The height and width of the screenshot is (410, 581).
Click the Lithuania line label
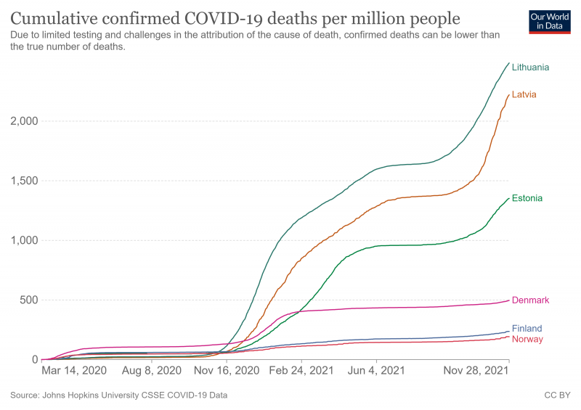(530, 67)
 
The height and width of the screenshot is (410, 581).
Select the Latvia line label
(524, 95)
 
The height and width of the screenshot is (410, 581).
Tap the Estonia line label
(527, 198)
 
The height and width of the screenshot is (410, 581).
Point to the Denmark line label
(530, 300)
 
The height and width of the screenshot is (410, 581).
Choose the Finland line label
(527, 329)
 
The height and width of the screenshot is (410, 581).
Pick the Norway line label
(527, 340)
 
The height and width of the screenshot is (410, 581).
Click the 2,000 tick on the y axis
(23, 121)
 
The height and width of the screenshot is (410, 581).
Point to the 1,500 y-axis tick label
(23, 181)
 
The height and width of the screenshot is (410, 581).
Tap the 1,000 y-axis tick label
(23, 241)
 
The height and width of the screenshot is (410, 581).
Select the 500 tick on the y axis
(27, 300)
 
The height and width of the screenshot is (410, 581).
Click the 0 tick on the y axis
(33, 360)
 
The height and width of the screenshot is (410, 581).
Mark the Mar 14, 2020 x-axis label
(74, 371)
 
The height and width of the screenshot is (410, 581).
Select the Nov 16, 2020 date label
(227, 371)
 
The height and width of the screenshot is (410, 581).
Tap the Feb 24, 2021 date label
(301, 371)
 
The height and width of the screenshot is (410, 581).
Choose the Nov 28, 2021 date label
(475, 371)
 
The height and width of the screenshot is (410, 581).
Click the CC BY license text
(556, 395)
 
